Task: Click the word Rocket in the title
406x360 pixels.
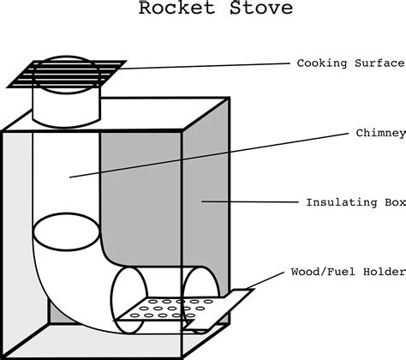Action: [176, 8]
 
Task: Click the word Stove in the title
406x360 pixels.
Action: [261, 8]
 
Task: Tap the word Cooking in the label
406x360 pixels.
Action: [322, 63]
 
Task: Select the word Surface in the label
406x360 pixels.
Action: [379, 63]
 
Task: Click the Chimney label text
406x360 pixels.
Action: [380, 134]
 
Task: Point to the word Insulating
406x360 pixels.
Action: [342, 202]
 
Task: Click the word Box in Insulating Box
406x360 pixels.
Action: [396, 202]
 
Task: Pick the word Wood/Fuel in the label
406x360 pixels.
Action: [323, 272]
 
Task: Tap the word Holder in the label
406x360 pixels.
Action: [385, 272]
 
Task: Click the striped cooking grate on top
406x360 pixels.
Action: [67, 74]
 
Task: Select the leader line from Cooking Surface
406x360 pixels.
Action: [204, 66]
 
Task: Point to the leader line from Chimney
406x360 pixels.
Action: [209, 155]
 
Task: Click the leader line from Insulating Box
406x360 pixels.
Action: [250, 201]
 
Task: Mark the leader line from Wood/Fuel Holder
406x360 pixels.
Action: [266, 280]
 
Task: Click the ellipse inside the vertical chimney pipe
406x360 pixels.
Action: [66, 231]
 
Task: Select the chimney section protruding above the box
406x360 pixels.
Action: [66, 105]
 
